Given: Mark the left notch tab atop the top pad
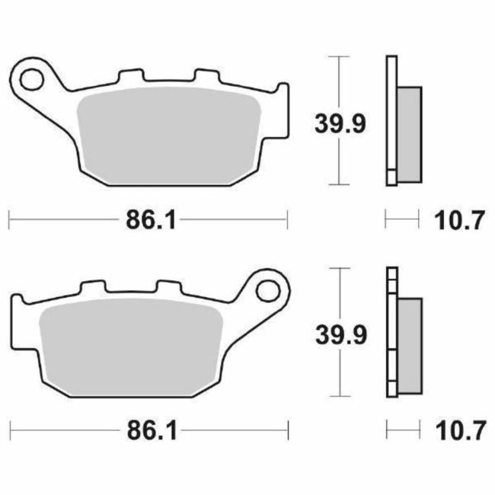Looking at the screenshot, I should pos(129,76).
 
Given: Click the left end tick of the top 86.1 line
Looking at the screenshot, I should pos(8,221).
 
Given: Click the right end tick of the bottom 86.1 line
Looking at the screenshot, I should pos(288,432).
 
